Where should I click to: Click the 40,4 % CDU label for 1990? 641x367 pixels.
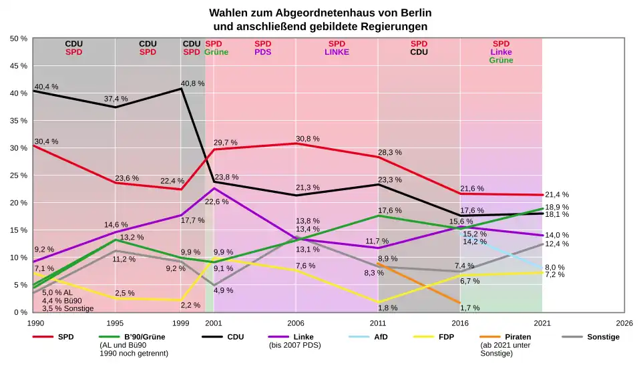(x=46, y=87)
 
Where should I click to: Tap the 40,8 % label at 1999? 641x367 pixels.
(x=192, y=84)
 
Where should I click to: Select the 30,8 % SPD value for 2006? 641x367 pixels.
(x=307, y=139)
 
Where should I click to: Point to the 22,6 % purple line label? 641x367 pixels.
(x=216, y=202)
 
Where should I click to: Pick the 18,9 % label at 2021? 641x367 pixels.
(x=557, y=208)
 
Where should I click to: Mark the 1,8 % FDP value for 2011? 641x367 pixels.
(x=387, y=308)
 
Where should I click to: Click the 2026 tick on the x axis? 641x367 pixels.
(x=624, y=322)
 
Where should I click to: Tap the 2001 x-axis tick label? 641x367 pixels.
(x=214, y=322)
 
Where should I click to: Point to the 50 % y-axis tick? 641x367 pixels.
(x=18, y=39)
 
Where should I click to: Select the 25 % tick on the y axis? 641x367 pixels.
(x=18, y=175)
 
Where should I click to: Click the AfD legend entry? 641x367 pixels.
(x=379, y=337)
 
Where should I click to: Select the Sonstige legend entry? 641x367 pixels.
(x=603, y=337)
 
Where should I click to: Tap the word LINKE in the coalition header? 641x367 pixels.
(x=337, y=51)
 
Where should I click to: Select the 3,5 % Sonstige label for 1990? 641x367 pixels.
(x=67, y=308)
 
